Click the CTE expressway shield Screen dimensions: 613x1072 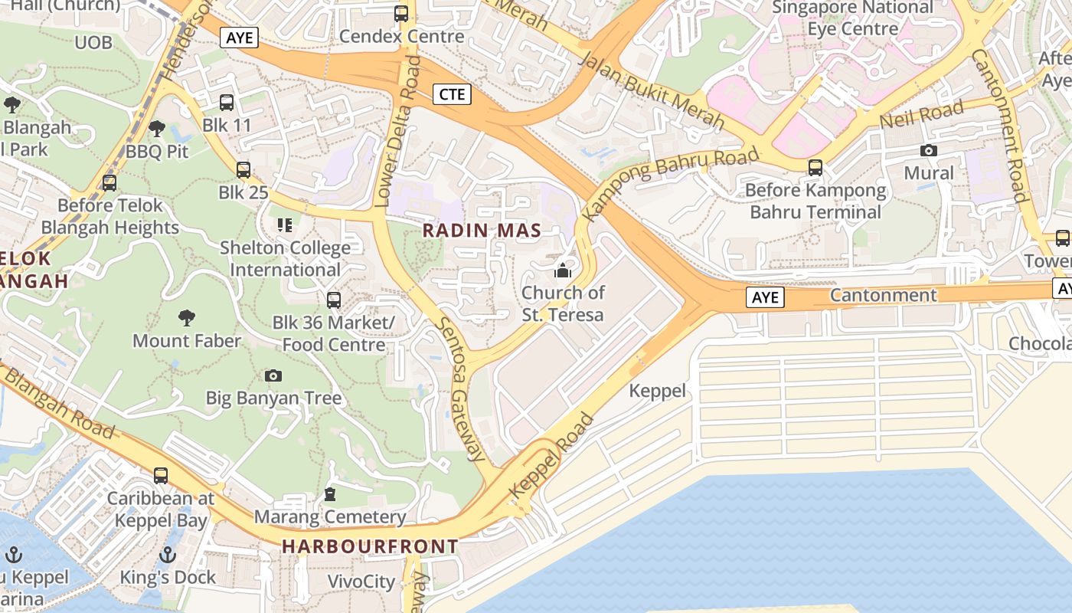452,94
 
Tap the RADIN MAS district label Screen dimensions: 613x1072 482,230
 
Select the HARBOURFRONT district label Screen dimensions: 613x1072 370,546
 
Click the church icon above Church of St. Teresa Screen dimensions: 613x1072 563,270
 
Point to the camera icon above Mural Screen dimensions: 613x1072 929,151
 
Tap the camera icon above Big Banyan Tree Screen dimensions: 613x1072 273,375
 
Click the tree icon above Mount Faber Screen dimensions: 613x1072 186,318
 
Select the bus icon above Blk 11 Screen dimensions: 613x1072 227,102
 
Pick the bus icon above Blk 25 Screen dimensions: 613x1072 243,170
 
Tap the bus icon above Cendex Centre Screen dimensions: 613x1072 401,14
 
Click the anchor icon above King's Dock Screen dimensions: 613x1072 168,555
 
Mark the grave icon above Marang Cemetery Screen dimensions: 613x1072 330,494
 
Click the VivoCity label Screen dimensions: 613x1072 361,582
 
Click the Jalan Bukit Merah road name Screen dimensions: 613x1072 652,90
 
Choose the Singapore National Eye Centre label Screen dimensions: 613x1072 853,18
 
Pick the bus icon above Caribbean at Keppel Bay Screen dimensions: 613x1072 161,476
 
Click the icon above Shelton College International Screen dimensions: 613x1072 285,225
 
